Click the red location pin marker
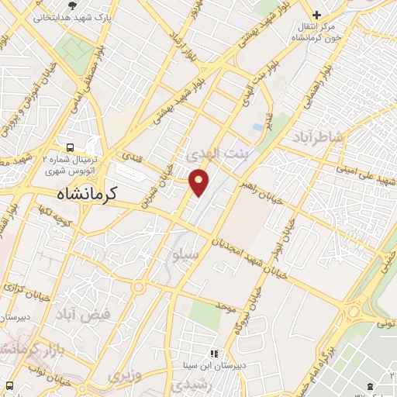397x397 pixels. [x=199, y=181]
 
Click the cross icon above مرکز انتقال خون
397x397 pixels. [x=316, y=15]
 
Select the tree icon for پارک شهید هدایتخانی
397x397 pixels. [x=72, y=5]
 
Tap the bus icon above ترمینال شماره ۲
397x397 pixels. [x=71, y=147]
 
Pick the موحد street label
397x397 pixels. [x=226, y=308]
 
